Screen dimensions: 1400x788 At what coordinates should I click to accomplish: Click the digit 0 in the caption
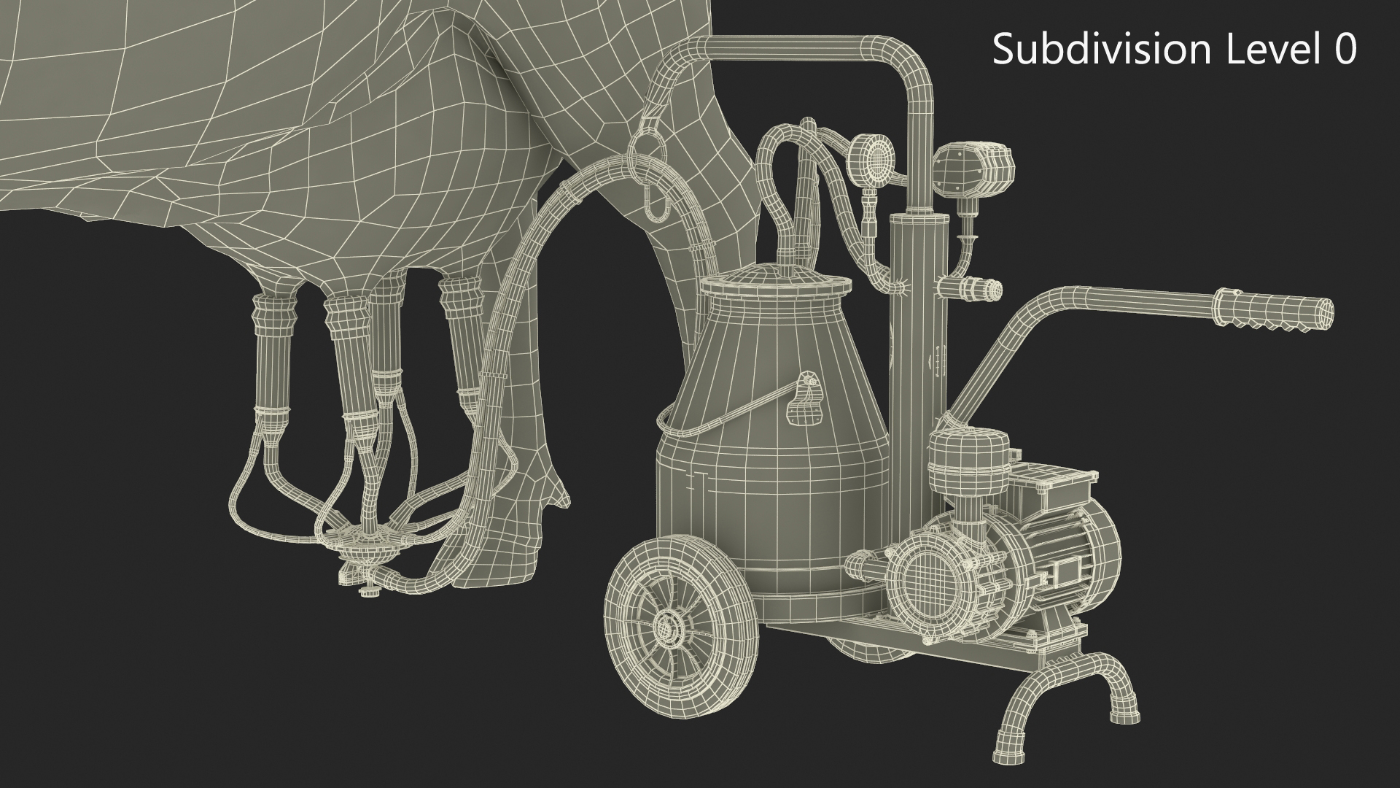[x=1344, y=50]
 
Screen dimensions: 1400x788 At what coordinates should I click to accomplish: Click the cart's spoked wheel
[x=665, y=625]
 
